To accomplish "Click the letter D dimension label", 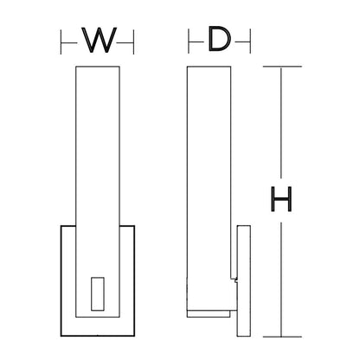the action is click(x=220, y=39).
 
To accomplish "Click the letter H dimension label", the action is click(x=281, y=199).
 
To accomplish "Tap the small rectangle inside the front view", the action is click(x=98, y=294).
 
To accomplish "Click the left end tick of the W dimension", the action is click(x=61, y=42).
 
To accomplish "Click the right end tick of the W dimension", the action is click(x=133, y=42).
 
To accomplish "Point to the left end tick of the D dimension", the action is click(x=189, y=41).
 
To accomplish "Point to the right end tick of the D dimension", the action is click(x=250, y=41).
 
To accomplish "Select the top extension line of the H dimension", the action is click(x=282, y=67).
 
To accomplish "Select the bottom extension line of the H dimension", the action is click(x=282, y=337).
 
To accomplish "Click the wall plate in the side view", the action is click(x=244, y=281).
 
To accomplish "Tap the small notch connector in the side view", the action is click(x=235, y=280).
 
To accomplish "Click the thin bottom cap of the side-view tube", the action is click(x=209, y=314).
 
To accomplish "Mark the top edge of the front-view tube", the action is click(x=98, y=67).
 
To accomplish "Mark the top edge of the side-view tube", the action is click(x=209, y=67).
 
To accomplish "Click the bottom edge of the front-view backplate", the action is click(x=98, y=336).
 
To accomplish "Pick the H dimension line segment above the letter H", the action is click(x=281, y=122).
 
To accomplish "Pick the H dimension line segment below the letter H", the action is click(x=281, y=279).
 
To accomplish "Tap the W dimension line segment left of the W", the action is click(x=69, y=43).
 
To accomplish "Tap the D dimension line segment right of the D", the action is click(x=242, y=42).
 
